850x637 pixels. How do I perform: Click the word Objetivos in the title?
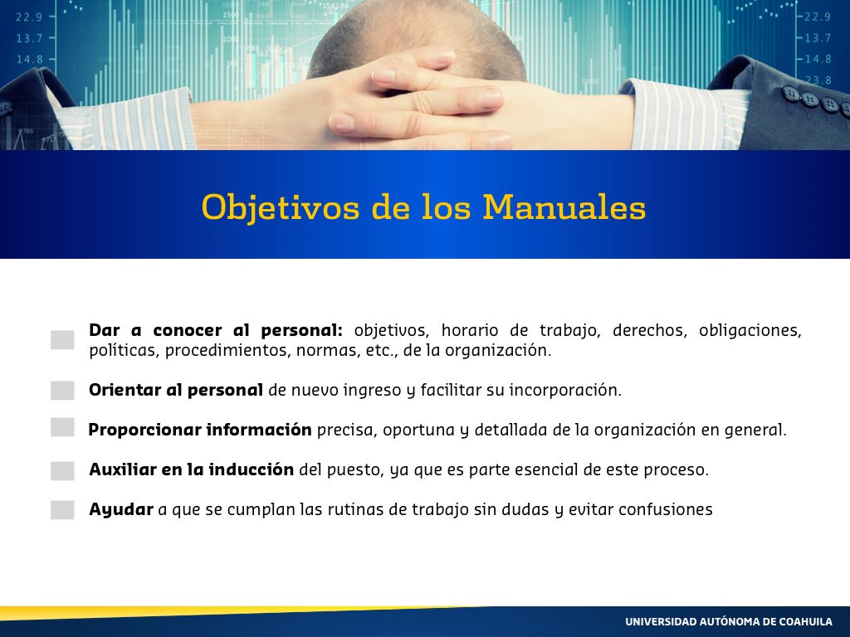280,207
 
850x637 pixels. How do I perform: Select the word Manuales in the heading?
564,207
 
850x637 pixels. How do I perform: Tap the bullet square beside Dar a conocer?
62,340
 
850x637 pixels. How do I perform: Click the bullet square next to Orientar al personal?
62,390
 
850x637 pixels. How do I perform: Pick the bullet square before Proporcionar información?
62,427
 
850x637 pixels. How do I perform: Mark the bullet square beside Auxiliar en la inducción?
62,471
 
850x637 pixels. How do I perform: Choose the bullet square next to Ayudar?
62,510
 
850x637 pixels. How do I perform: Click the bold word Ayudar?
121,510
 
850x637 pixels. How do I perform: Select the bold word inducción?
251,469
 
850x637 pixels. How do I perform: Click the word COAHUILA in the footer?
805,622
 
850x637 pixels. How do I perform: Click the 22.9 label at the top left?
29,17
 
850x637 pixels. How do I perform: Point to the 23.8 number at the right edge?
818,80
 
